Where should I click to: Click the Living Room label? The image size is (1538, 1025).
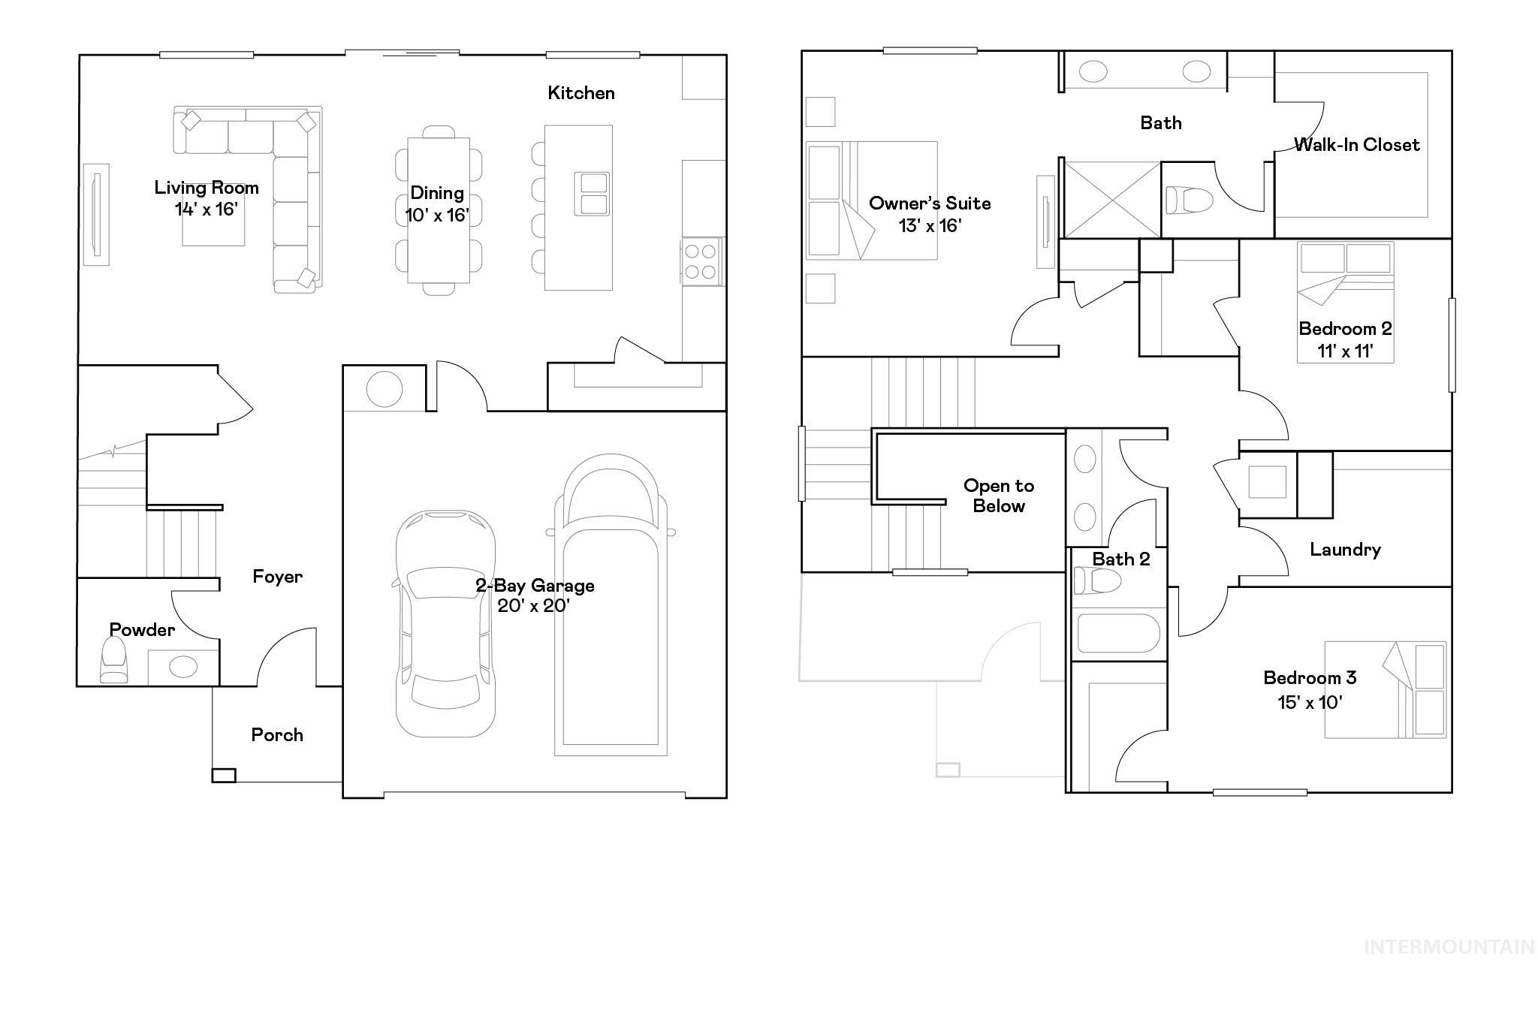pos(207,188)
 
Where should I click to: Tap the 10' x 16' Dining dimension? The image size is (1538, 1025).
pos(437,216)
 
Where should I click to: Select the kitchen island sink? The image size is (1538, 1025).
pos(592,194)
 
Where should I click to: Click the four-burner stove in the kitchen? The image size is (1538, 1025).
pos(701,261)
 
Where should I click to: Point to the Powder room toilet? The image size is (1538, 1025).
pos(114,660)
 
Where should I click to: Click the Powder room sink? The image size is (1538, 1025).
pos(183,666)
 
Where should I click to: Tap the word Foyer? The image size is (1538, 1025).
pos(277,577)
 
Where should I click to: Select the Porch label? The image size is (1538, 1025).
pos(277,735)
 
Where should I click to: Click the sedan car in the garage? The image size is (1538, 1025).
pos(445,623)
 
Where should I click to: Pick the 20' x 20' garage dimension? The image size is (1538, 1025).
pos(534,606)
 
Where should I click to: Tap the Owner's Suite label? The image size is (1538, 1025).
pos(930,203)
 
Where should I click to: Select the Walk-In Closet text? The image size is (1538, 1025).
pos(1356,145)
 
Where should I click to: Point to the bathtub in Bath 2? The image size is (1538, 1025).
pos(1118,634)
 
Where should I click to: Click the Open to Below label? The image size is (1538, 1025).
pos(999,496)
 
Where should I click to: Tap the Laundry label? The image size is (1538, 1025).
pos(1345,550)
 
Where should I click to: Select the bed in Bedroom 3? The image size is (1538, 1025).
pos(1386,689)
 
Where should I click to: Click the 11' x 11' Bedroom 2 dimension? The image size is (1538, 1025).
pos(1345,351)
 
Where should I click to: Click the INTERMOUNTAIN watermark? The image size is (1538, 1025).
pos(1449,947)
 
